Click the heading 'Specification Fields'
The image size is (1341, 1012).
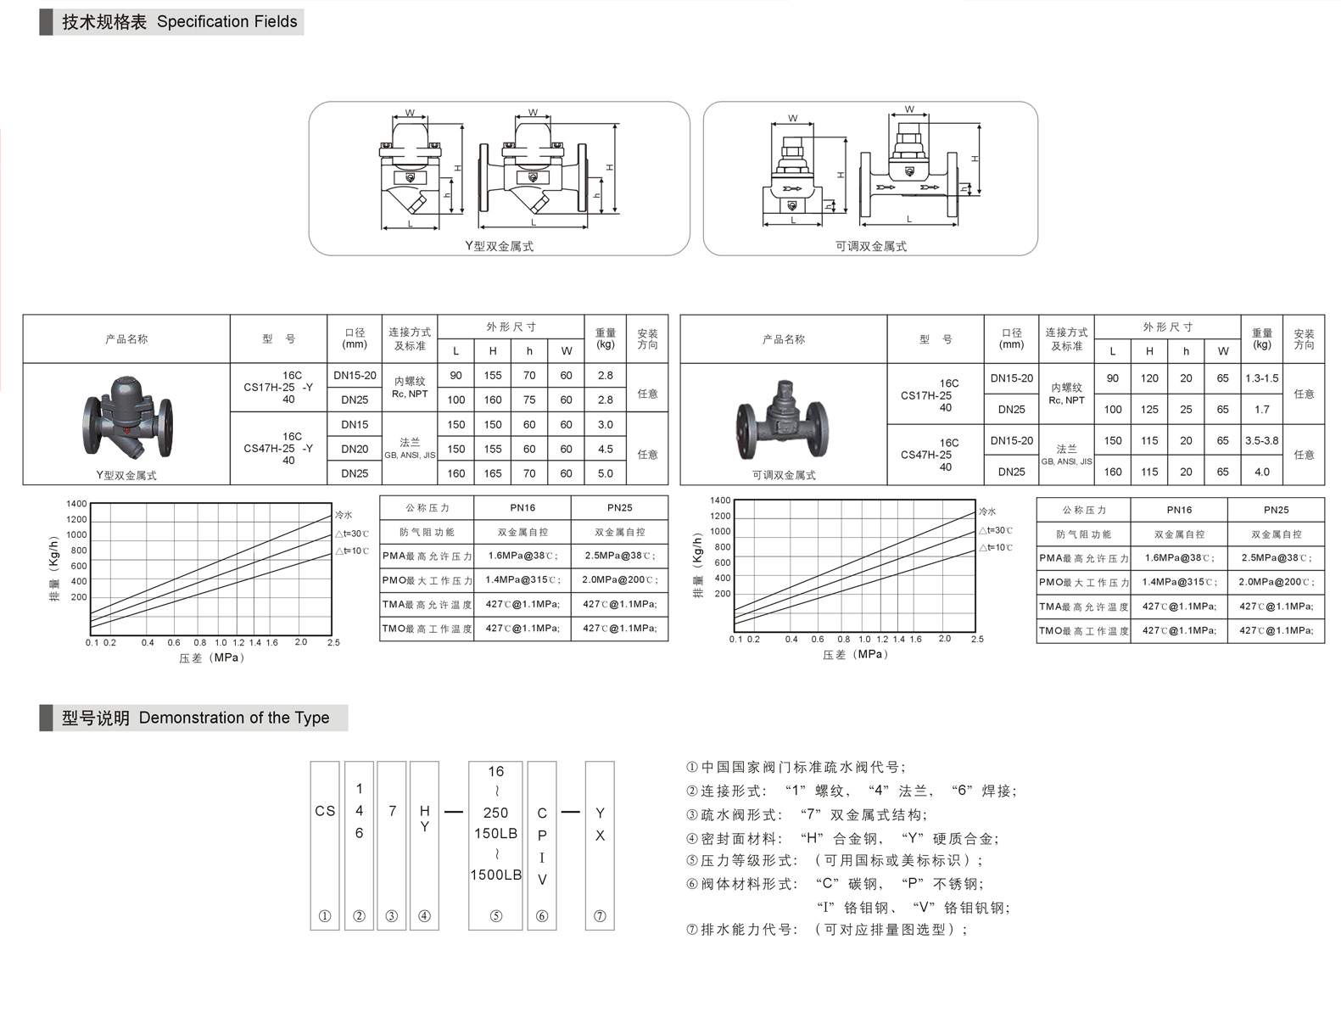pyautogui.click(x=226, y=22)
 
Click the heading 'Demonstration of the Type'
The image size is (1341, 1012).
pyautogui.click(x=234, y=718)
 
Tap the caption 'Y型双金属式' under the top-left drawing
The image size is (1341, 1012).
pyautogui.click(x=499, y=246)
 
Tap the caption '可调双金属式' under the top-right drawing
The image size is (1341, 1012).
pyautogui.click(x=870, y=246)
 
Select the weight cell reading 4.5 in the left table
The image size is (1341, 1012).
pyautogui.click(x=605, y=449)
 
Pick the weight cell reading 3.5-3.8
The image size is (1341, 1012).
pyautogui.click(x=1261, y=440)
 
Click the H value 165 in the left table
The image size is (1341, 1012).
pyautogui.click(x=493, y=473)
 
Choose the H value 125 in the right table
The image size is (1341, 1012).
pyautogui.click(x=1149, y=409)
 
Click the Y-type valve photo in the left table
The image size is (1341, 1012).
pyautogui.click(x=127, y=417)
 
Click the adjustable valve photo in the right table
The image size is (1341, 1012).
pyautogui.click(x=783, y=420)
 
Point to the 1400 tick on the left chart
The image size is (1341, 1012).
pyautogui.click(x=77, y=504)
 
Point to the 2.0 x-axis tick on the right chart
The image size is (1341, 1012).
pyautogui.click(x=945, y=639)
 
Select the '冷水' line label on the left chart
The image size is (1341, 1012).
pyautogui.click(x=344, y=515)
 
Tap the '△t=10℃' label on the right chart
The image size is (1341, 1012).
pyautogui.click(x=996, y=547)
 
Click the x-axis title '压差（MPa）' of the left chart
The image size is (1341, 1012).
pyautogui.click(x=212, y=657)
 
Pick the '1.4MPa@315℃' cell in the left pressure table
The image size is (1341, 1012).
pyautogui.click(x=522, y=579)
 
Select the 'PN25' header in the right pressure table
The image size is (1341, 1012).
pyautogui.click(x=1276, y=510)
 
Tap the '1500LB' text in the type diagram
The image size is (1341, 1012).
pyautogui.click(x=495, y=875)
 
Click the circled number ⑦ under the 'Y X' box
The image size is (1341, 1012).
pyautogui.click(x=600, y=916)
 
